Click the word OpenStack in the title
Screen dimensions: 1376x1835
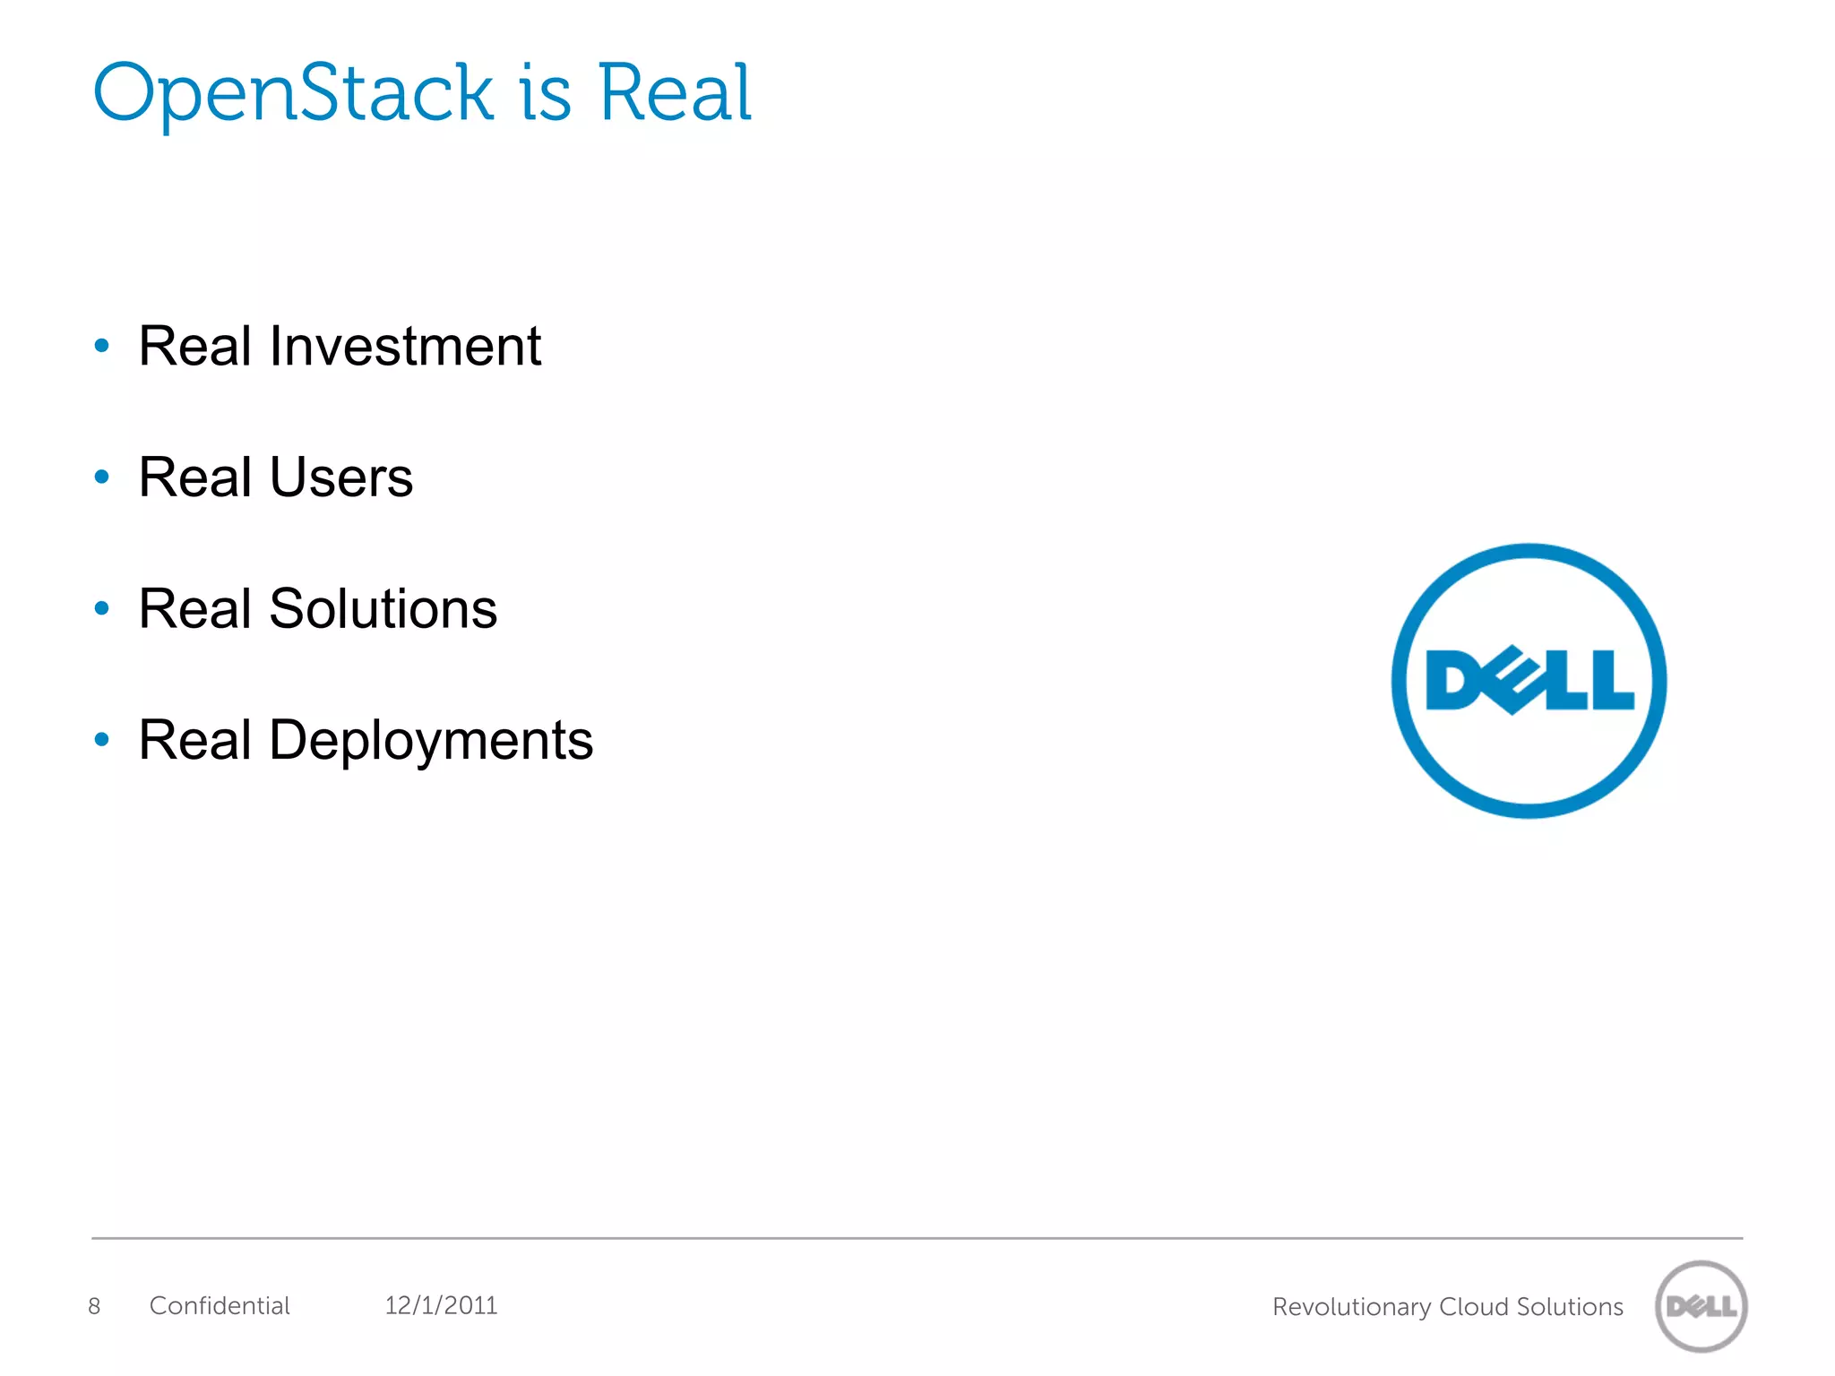292,93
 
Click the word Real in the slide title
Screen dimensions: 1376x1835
674,93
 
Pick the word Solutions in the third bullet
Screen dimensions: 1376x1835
383,609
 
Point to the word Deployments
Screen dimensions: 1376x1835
430,741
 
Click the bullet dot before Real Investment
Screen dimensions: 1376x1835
102,346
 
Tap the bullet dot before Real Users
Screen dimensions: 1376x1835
102,477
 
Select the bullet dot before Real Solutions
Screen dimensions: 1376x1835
102,609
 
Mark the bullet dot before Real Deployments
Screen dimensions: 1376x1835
102,740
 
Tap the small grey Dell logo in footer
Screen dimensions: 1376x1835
1701,1306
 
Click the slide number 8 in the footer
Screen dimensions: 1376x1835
94,1306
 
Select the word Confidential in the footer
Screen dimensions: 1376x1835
220,1306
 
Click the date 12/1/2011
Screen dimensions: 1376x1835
441,1306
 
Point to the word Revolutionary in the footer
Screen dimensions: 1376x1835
1351,1308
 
